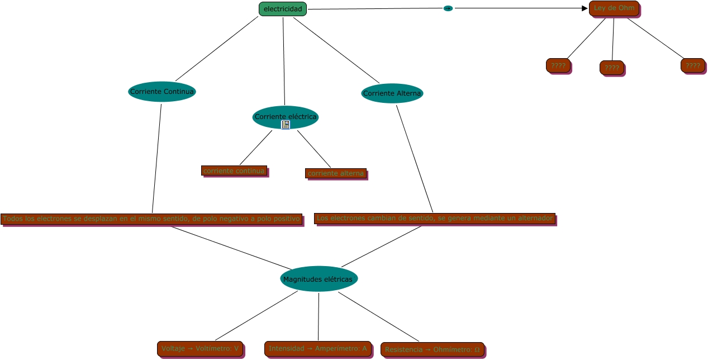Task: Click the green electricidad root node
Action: [282, 9]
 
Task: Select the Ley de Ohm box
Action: [614, 8]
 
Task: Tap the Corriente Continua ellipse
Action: [162, 92]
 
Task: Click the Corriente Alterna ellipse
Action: [392, 93]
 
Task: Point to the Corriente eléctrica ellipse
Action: [286, 116]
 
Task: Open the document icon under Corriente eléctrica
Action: [286, 125]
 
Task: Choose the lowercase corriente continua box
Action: [234, 170]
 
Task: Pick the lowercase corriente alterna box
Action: [335, 173]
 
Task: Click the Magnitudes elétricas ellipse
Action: [319, 279]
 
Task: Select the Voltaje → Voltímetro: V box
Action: [199, 349]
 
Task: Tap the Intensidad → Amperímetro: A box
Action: [317, 349]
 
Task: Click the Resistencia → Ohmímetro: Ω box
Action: [432, 349]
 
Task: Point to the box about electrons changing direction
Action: [434, 218]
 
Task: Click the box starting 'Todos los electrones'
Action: [151, 219]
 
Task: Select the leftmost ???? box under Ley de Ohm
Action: [558, 65]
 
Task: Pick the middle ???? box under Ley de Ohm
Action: [611, 68]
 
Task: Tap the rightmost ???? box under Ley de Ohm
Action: [692, 65]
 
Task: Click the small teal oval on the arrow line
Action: [448, 8]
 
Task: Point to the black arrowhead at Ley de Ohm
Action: [585, 8]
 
